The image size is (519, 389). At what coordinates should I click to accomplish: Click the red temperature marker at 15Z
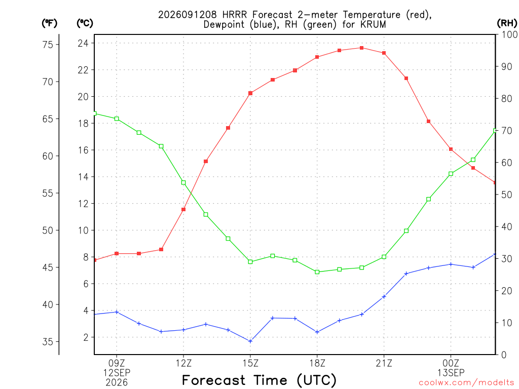(x=250, y=93)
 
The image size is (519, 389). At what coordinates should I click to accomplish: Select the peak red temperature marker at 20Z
(x=362, y=48)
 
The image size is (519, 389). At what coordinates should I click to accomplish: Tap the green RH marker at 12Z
(x=183, y=182)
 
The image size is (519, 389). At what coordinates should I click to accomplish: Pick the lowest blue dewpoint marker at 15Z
(x=250, y=341)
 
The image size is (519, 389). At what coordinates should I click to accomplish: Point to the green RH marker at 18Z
(x=317, y=272)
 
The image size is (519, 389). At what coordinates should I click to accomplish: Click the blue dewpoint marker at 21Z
(x=384, y=297)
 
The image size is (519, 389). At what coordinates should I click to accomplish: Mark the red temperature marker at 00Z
(x=451, y=149)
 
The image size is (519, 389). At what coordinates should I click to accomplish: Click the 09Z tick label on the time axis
(x=117, y=363)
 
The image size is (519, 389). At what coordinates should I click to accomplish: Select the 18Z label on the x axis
(x=317, y=363)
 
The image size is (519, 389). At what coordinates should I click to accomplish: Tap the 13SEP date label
(x=451, y=373)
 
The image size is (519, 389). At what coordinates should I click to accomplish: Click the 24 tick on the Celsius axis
(x=83, y=44)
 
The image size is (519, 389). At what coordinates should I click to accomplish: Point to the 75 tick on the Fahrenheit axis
(x=48, y=45)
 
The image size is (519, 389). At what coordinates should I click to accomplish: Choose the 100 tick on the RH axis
(x=509, y=34)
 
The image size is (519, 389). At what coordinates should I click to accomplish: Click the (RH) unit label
(x=507, y=23)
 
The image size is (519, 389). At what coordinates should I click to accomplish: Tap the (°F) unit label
(x=49, y=23)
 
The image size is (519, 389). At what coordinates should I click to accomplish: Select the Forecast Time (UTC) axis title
(x=259, y=380)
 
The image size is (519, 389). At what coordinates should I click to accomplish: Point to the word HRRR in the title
(x=235, y=15)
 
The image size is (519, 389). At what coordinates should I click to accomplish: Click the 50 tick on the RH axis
(x=507, y=194)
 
